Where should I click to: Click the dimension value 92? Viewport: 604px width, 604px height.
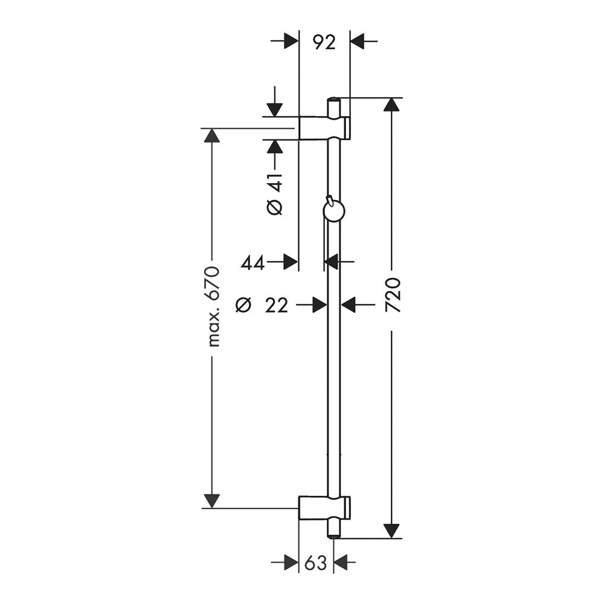point(324,42)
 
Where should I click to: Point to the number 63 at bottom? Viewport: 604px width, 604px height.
point(315,564)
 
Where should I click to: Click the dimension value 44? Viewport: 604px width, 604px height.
point(253,263)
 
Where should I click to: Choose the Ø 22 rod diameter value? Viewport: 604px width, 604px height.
point(262,306)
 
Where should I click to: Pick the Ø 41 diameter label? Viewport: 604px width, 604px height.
point(275,194)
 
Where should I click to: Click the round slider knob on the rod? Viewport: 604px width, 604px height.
point(333,211)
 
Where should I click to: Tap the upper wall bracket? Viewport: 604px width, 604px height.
point(325,127)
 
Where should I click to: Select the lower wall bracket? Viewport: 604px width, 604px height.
point(325,508)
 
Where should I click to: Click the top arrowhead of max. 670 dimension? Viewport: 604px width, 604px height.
point(211,135)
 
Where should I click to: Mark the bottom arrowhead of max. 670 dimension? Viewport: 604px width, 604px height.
point(211,501)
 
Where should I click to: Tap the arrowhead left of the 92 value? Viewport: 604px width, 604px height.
point(291,40)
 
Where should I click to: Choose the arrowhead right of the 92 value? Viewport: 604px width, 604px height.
point(358,40)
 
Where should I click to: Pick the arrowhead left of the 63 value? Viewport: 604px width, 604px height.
point(291,563)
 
